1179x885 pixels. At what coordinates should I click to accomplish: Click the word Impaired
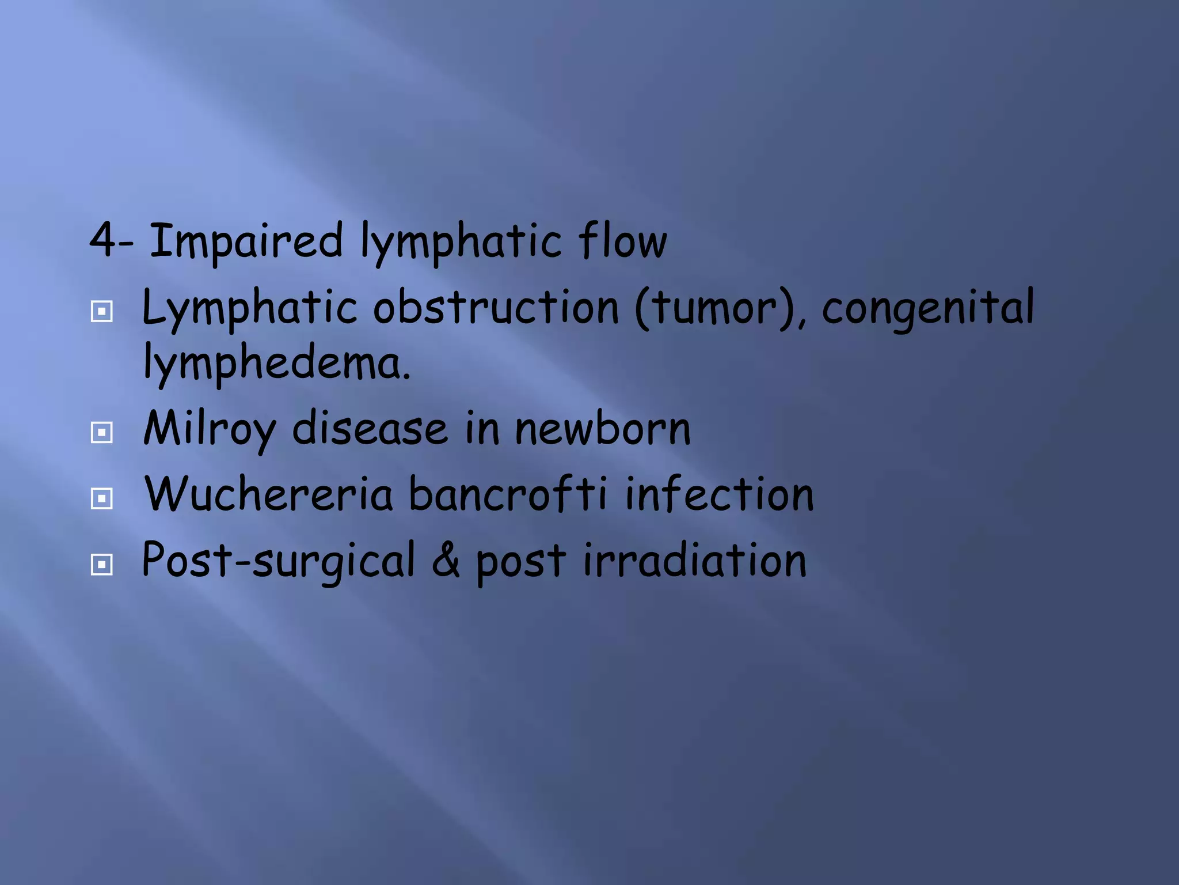click(x=246, y=241)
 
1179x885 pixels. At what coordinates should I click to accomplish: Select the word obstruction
click(x=496, y=308)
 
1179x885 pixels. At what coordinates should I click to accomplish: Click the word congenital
click(x=927, y=309)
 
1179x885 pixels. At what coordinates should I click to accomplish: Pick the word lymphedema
click(x=277, y=363)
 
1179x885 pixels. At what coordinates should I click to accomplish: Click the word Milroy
click(x=210, y=429)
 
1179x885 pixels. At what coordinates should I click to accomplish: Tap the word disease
click(x=370, y=429)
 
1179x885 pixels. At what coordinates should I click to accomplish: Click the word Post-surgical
click(x=278, y=560)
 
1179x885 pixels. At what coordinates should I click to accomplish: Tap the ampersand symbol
click(x=446, y=560)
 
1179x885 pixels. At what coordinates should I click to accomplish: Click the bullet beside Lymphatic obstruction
click(x=102, y=312)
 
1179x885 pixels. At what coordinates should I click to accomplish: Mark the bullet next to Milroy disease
click(x=102, y=432)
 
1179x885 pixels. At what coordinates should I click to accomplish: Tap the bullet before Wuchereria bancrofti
click(x=102, y=498)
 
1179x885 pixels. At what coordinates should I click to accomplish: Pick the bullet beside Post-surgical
click(x=102, y=564)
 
